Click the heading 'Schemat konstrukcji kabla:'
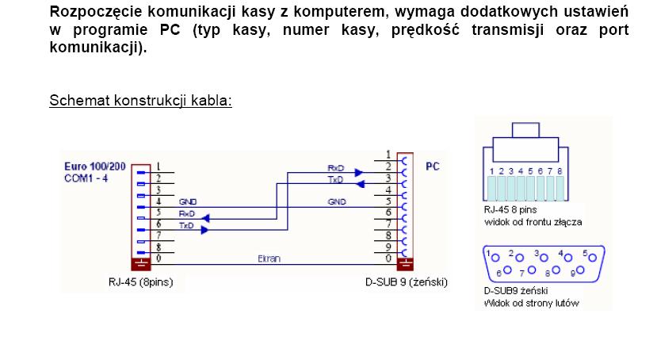coord(140,101)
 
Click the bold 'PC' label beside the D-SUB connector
coord(433,167)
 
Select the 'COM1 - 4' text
coord(85,178)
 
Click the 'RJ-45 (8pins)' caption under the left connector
coord(140,281)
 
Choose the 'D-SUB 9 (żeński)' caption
coord(407,281)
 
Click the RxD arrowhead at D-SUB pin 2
coord(359,172)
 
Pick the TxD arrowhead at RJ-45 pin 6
coord(204,229)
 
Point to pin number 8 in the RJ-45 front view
coord(560,170)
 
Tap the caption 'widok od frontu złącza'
coord(532,222)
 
